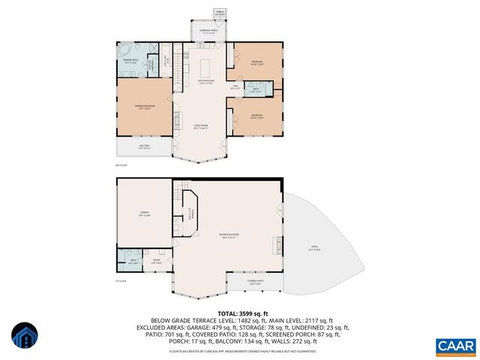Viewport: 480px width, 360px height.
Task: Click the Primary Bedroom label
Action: tap(145, 107)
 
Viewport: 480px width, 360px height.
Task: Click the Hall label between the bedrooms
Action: tap(235, 88)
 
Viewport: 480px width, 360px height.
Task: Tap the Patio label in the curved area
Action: tap(313, 248)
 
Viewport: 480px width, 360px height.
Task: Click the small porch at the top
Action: tap(220, 13)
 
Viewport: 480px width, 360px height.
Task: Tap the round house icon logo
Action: tap(24, 336)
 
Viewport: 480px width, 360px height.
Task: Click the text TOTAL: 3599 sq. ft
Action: tap(239, 313)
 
